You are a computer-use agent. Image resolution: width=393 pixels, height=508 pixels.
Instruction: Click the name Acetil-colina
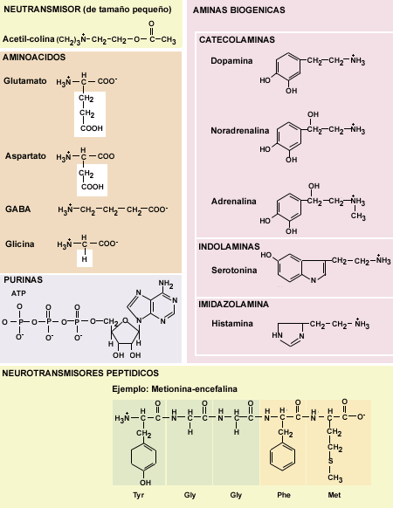(29, 39)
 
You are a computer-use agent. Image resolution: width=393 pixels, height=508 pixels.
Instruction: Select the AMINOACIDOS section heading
(34, 58)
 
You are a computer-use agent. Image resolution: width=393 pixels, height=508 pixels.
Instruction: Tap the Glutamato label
(25, 80)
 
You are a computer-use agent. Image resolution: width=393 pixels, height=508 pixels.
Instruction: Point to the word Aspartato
(25, 156)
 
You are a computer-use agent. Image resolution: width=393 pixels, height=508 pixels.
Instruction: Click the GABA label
(17, 209)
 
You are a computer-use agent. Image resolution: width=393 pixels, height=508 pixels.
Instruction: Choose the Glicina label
(20, 244)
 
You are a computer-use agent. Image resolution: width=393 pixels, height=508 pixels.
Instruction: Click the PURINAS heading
(23, 279)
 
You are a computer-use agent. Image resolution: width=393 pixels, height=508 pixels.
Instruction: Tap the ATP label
(18, 293)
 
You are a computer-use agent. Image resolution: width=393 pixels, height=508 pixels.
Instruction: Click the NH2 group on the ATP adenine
(166, 284)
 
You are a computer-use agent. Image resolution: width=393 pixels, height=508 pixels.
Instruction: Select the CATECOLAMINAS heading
(237, 40)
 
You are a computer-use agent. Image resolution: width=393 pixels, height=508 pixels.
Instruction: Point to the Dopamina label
(231, 61)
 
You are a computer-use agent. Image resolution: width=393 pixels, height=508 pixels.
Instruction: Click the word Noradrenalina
(240, 131)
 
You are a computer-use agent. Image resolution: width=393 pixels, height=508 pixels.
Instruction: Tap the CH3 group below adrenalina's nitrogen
(358, 216)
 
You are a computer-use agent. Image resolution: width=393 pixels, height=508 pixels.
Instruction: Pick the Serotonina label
(234, 271)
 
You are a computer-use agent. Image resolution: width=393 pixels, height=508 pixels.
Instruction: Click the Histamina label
(232, 323)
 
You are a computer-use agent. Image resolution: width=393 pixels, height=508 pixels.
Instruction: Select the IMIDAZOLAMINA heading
(233, 305)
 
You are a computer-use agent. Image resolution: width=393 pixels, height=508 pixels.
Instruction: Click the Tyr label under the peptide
(139, 495)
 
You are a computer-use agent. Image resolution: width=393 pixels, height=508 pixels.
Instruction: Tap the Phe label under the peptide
(284, 495)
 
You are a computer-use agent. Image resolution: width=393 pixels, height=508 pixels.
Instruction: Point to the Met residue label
(334, 495)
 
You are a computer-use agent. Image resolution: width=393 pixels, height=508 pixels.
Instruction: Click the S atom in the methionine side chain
(330, 461)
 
